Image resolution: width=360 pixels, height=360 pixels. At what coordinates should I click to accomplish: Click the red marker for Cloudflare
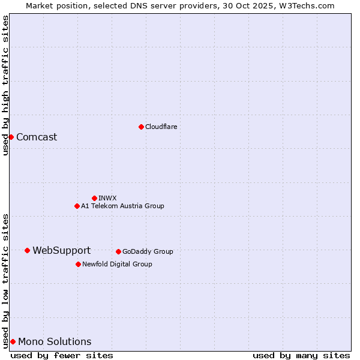tap(141, 127)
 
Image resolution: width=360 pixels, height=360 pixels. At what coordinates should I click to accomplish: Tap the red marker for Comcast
tap(11, 137)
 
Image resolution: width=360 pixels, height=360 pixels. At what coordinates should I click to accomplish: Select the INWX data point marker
tap(94, 198)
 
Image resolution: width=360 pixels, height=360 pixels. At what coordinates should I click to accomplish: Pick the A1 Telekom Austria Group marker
tap(77, 206)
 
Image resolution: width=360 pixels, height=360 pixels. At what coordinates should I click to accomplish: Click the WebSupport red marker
tap(28, 250)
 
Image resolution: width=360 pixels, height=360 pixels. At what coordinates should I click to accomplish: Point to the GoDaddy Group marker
tap(118, 251)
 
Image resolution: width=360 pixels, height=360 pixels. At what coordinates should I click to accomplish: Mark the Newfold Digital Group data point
tap(78, 264)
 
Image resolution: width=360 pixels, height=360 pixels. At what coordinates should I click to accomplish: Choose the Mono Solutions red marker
tap(13, 341)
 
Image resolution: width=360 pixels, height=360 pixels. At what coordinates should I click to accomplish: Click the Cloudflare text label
tap(161, 127)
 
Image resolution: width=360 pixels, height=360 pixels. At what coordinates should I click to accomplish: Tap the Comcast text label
tap(37, 137)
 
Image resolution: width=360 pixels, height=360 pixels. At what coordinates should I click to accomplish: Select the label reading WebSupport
tap(61, 250)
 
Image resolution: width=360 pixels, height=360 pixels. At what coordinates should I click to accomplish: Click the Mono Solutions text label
tap(55, 341)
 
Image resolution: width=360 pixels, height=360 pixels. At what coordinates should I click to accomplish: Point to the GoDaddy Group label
tap(148, 251)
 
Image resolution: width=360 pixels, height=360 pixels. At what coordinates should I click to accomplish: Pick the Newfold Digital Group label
tap(117, 264)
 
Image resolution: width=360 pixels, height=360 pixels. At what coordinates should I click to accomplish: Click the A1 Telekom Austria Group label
tap(122, 206)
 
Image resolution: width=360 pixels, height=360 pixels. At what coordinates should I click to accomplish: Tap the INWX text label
tap(107, 198)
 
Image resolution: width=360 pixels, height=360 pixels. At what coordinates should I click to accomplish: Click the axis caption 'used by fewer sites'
tap(62, 355)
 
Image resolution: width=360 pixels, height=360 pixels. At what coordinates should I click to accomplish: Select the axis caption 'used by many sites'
tap(301, 355)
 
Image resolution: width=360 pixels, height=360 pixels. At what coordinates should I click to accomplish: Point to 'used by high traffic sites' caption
tap(5, 85)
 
